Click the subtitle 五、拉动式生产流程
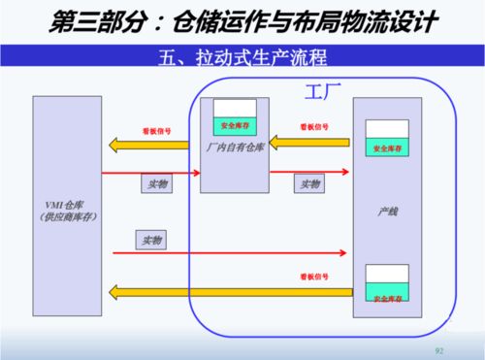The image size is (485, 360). tap(243, 57)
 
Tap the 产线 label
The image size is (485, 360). tap(386, 210)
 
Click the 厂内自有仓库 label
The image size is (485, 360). tap(235, 148)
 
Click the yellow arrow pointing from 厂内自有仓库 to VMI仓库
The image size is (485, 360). tap(155, 147)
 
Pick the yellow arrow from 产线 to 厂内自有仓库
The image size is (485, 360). tap(310, 144)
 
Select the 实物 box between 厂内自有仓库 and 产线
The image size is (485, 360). tap(310, 183)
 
